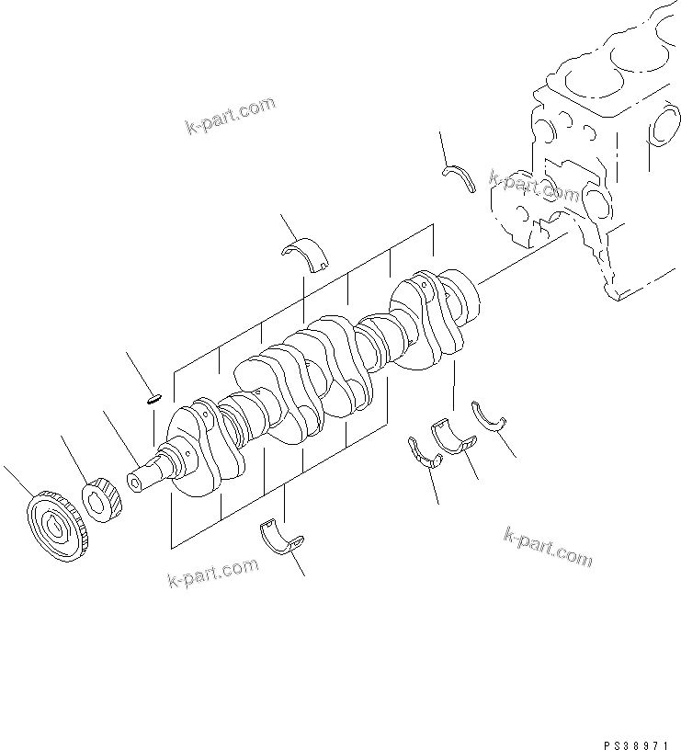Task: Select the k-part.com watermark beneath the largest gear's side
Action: coord(213,573)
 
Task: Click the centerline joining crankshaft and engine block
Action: coord(524,257)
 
